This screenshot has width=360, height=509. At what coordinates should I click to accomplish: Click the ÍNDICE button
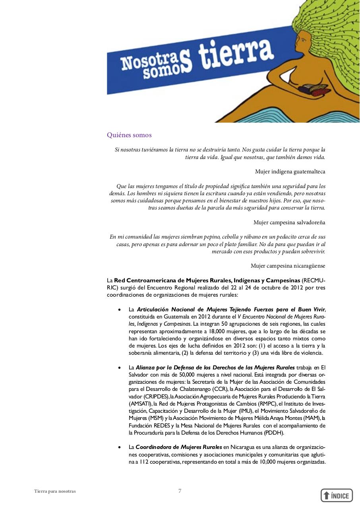coord(337,495)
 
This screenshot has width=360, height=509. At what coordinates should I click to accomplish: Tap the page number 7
coord(180,491)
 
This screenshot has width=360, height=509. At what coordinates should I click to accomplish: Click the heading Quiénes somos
coord(129,135)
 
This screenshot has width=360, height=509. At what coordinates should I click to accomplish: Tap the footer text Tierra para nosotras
coord(55,491)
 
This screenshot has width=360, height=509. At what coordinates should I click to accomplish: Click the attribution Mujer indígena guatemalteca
coord(290,172)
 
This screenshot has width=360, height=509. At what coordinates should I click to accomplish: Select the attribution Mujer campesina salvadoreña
coord(289,222)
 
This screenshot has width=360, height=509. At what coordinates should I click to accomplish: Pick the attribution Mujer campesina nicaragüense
coord(288,266)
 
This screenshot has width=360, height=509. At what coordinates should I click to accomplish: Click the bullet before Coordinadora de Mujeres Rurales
coord(120,447)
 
